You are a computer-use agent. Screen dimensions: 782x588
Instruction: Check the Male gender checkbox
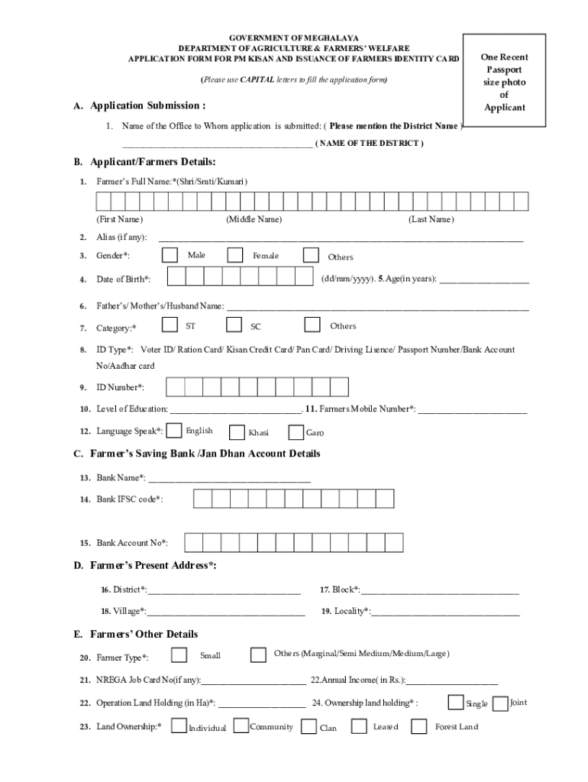(x=170, y=254)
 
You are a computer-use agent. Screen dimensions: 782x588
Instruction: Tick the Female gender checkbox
(x=235, y=254)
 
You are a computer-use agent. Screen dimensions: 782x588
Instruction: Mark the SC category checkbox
(x=234, y=325)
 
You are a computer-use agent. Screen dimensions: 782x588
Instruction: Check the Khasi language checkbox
(x=236, y=432)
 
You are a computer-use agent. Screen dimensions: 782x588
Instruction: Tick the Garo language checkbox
(x=296, y=432)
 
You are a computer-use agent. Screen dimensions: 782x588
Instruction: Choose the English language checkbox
(x=174, y=431)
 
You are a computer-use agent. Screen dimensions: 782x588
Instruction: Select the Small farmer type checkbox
(x=179, y=654)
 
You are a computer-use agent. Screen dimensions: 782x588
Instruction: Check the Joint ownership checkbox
(x=501, y=703)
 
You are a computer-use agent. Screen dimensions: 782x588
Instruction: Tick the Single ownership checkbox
(x=455, y=702)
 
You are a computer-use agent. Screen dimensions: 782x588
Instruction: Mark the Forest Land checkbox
(x=418, y=726)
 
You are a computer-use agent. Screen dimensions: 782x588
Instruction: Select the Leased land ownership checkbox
(x=358, y=726)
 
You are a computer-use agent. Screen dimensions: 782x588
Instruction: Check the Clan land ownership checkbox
(x=309, y=727)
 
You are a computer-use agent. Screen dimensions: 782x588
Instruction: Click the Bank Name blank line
(x=229, y=479)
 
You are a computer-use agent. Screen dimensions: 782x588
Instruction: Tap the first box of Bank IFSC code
(x=202, y=499)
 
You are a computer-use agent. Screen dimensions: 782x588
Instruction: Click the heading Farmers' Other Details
(x=144, y=634)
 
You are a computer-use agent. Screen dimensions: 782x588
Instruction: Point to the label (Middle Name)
(x=254, y=220)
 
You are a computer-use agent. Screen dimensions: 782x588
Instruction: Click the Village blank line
(x=226, y=612)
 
